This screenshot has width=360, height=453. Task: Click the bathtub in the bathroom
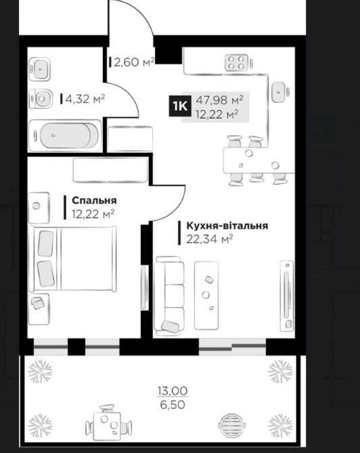[65, 135]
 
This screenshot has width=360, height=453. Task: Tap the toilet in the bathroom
[41, 99]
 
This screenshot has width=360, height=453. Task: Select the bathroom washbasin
[40, 69]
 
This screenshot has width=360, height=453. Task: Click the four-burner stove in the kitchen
[236, 63]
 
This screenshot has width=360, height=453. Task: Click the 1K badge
[179, 106]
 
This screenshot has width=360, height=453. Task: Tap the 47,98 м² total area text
[219, 100]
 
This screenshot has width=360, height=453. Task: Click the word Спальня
[94, 200]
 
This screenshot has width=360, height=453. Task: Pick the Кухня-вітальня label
[227, 225]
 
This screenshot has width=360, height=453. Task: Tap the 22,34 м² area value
[210, 239]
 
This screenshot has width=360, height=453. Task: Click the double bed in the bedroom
[73, 258]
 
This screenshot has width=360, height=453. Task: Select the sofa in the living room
[169, 296]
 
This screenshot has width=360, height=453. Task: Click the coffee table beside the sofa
[206, 295]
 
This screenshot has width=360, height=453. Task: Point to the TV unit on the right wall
[287, 295]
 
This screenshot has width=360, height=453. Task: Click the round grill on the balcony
[231, 425]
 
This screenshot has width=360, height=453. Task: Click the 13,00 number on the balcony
[173, 391]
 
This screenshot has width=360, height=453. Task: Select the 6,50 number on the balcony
[173, 405]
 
